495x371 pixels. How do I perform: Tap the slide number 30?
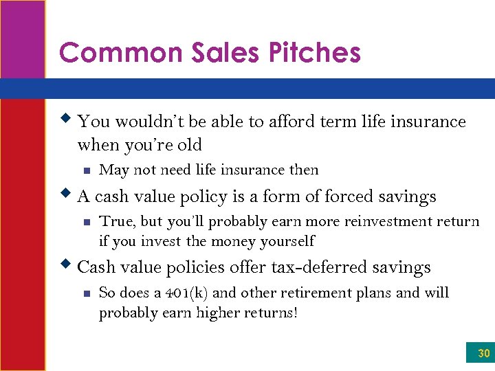click(483, 355)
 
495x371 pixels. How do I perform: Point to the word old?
click(189, 145)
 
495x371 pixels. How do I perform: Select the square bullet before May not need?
click(85, 170)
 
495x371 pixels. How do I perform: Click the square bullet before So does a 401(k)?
click(85, 293)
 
